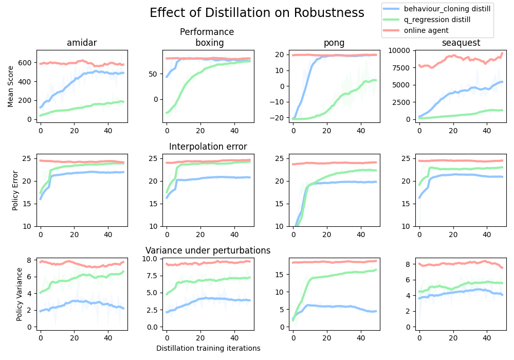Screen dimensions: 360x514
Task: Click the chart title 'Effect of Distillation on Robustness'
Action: pyautogui.click(x=256, y=13)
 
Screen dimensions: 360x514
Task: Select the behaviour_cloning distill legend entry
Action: pyautogui.click(x=447, y=9)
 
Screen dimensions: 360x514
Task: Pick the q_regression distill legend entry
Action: pyautogui.click(x=437, y=20)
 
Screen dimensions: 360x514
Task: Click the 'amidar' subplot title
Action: pyautogui.click(x=82, y=43)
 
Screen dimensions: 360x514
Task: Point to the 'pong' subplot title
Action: pyautogui.click(x=334, y=43)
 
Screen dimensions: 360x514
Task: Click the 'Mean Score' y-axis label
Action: pyautogui.click(x=11, y=86)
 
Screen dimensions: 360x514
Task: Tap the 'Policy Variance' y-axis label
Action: pyautogui.click(x=20, y=294)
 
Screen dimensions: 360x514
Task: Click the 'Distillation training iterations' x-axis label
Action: pyautogui.click(x=208, y=348)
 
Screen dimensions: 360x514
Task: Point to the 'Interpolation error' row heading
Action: pyautogui.click(x=208, y=147)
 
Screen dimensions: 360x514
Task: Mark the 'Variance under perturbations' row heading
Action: pyautogui.click(x=208, y=250)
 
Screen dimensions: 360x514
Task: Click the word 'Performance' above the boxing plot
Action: pyautogui.click(x=207, y=32)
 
